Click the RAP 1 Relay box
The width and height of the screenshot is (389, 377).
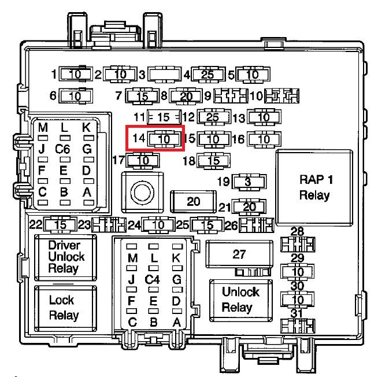pyautogui.click(x=314, y=187)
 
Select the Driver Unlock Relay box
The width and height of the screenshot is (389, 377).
pyautogui.click(x=65, y=257)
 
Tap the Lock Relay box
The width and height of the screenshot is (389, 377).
pyautogui.click(x=65, y=308)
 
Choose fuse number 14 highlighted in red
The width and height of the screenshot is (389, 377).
pyautogui.click(x=165, y=139)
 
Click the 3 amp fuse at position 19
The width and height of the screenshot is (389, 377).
pyautogui.click(x=249, y=182)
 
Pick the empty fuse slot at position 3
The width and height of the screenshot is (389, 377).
pyautogui.click(x=165, y=74)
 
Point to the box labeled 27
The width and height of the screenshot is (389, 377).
pyautogui.click(x=239, y=254)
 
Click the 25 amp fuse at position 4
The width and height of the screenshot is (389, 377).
pyautogui.click(x=208, y=74)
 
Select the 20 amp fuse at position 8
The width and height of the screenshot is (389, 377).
pyautogui.click(x=186, y=96)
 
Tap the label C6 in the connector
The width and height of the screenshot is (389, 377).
pyautogui.click(x=62, y=149)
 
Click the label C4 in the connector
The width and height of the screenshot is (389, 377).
pyautogui.click(x=153, y=280)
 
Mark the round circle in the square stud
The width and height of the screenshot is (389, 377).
pyautogui.click(x=142, y=193)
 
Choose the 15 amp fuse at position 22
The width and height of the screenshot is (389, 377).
pyautogui.click(x=60, y=225)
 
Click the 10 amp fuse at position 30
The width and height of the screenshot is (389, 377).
pyautogui.click(x=298, y=300)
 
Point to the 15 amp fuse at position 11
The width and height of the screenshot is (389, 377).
pyautogui.click(x=164, y=117)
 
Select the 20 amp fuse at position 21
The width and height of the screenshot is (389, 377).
pyautogui.click(x=249, y=206)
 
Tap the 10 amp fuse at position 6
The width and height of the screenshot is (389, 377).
pyautogui.click(x=75, y=96)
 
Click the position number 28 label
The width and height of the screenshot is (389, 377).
pyautogui.click(x=297, y=231)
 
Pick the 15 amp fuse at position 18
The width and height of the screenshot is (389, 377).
pyautogui.click(x=213, y=161)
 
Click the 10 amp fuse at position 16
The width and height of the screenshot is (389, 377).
pyautogui.click(x=265, y=139)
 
